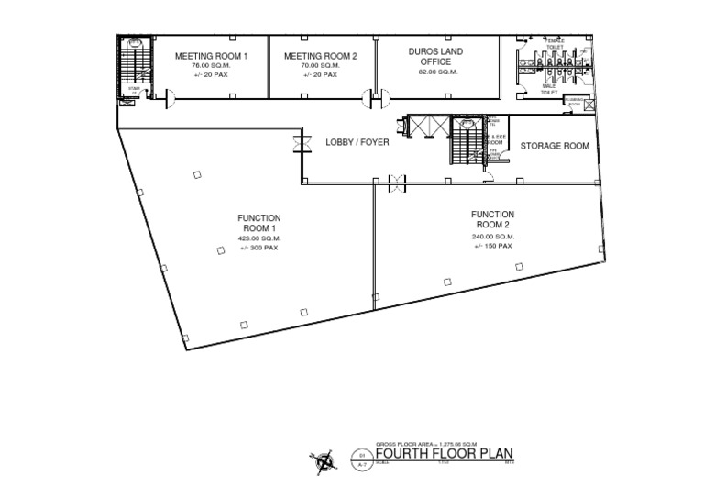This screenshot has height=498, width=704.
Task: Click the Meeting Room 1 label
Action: [212, 56]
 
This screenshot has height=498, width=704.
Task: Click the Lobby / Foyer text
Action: [357, 143]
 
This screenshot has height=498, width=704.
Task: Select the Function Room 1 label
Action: [258, 223]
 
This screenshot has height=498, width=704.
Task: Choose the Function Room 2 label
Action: [492, 219]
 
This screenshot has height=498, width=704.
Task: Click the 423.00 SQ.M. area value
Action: [258, 238]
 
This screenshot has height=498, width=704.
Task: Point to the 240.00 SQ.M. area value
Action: [492, 237]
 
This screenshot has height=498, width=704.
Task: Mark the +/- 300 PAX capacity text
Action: [258, 248]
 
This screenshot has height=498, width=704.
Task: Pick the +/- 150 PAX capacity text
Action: [492, 246]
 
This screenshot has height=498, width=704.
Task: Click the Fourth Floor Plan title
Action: [442, 453]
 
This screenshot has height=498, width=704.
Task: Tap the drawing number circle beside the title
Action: [362, 458]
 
